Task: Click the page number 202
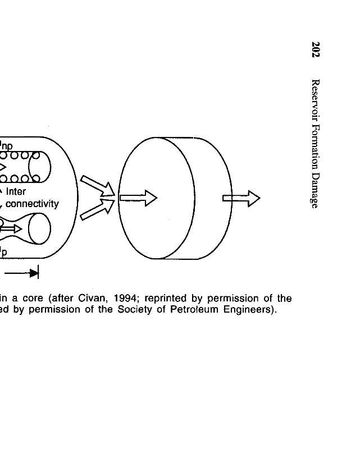(316, 49)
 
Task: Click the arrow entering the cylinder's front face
(138, 198)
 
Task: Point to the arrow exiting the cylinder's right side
(241, 198)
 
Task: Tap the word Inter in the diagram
(16, 191)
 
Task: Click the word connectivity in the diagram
(32, 203)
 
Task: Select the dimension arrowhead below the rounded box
(34, 273)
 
